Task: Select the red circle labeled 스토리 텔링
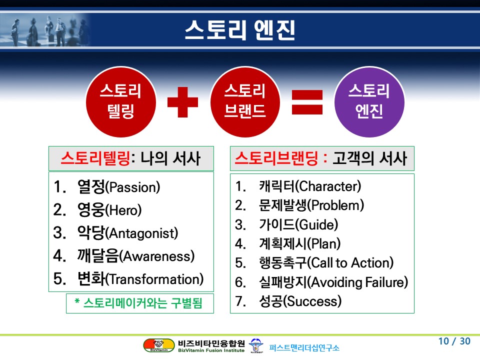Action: [121, 102]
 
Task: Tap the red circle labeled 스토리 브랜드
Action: [245, 102]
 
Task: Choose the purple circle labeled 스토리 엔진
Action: [369, 102]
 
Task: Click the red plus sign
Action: [183, 102]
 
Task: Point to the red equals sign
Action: [307, 102]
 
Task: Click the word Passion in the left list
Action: [133, 187]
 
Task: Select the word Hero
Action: [123, 210]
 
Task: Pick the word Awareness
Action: [156, 256]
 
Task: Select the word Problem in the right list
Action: [336, 205]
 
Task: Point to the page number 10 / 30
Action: [454, 341]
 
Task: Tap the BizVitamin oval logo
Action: [159, 345]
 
